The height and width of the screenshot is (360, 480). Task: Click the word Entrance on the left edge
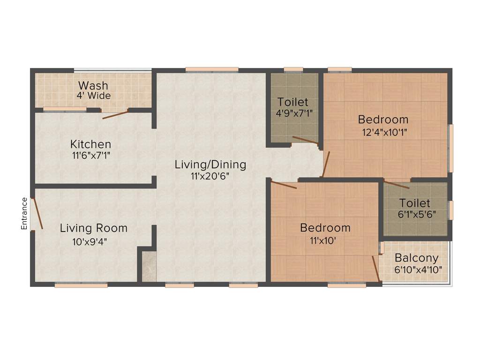(x=24, y=214)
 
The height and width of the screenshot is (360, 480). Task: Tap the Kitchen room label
(x=90, y=144)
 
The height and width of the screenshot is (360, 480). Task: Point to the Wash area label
(x=93, y=86)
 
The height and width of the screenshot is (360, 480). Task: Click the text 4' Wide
(x=94, y=96)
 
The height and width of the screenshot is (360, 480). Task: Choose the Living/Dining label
(x=210, y=165)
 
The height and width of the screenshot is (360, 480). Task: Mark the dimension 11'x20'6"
(x=210, y=176)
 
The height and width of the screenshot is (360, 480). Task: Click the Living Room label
(x=93, y=228)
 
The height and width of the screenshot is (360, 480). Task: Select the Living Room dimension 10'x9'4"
(x=93, y=242)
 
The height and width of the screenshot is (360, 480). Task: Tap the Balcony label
(x=416, y=258)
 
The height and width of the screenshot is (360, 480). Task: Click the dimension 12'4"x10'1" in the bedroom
(x=383, y=132)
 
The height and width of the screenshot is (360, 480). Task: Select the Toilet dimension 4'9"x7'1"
(x=292, y=113)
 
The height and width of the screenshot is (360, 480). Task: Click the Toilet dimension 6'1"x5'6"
(x=415, y=215)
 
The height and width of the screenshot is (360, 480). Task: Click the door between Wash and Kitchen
(x=115, y=114)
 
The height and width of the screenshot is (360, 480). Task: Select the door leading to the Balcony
(x=376, y=269)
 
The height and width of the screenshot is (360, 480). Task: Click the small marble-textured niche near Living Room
(x=149, y=266)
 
